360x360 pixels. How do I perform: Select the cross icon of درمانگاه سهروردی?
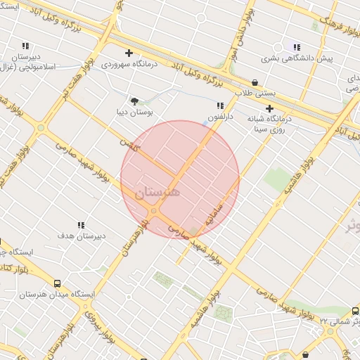tap(129, 53)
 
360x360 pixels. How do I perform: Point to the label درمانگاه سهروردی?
tap(128, 64)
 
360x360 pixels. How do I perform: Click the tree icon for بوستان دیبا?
tap(134, 101)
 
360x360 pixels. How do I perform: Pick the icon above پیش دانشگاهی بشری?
tap(296, 47)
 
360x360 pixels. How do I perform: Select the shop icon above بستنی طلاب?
tap(254, 82)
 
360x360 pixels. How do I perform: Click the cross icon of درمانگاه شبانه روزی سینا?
tap(269, 108)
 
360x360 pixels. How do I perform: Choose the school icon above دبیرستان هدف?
tap(81, 225)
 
